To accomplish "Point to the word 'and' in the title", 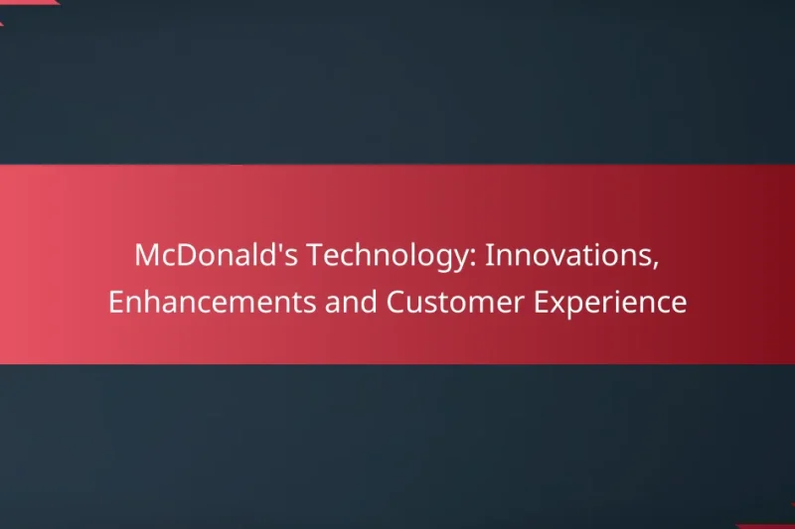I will (352, 303).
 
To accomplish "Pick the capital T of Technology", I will (313, 255).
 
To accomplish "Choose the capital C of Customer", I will (395, 303).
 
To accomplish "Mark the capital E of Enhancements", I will (115, 303).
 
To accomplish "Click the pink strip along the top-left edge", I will (25, 2).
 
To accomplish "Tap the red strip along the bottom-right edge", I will (770, 526).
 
